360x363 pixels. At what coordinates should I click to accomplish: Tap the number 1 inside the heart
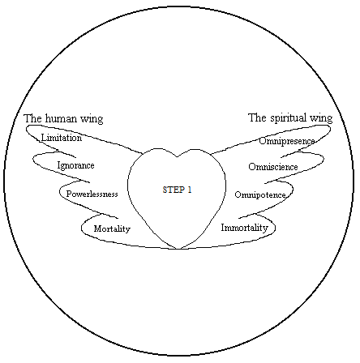[x=190, y=190]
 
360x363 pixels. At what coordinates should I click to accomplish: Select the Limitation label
[x=62, y=138]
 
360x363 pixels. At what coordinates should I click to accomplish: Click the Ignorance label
[x=75, y=165]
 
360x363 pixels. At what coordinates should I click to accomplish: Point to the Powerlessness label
[x=92, y=194]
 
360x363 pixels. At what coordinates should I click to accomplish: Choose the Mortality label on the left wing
[x=112, y=229]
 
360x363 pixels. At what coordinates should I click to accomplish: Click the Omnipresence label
[x=286, y=141]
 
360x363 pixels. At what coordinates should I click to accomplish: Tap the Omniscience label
[x=273, y=167]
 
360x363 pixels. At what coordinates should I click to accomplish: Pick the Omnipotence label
[x=260, y=194]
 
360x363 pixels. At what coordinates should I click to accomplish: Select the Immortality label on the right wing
[x=244, y=228]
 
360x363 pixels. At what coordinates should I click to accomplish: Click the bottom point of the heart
[x=178, y=249]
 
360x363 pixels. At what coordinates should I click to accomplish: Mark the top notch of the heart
[x=177, y=156]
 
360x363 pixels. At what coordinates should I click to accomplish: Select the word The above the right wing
[x=258, y=117]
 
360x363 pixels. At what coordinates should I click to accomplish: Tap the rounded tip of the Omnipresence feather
[x=330, y=129]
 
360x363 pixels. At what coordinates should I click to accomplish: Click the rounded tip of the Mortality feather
[x=82, y=228]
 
